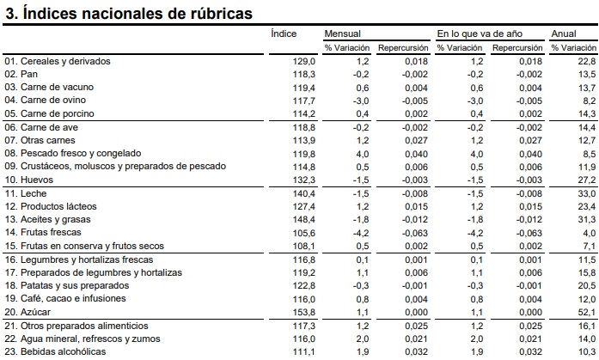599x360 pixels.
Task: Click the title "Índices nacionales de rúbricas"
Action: tap(138, 14)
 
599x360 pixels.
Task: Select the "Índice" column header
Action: tap(284, 34)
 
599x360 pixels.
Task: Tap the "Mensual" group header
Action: tap(342, 34)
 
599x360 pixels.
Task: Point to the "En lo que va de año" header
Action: tap(480, 34)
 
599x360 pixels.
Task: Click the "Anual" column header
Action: tap(564, 34)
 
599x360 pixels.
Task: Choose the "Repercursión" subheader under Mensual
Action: tap(403, 48)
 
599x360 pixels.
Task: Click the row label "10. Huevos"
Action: tap(28, 180)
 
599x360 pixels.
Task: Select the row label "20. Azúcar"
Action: tap(28, 312)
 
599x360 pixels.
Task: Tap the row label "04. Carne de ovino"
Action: tap(45, 100)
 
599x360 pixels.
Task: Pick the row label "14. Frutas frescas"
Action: tap(43, 232)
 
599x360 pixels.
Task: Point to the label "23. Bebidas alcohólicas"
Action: tap(55, 351)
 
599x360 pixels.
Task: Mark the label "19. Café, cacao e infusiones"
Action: tap(65, 298)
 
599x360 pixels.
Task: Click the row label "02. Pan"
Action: tap(21, 74)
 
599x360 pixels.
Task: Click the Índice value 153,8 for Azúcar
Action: tap(304, 312)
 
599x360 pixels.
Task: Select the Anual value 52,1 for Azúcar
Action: tap(587, 312)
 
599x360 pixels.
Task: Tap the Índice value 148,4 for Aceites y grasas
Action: tap(304, 219)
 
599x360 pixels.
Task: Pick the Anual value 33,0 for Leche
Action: tap(587, 193)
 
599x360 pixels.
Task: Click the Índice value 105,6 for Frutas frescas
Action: tap(304, 233)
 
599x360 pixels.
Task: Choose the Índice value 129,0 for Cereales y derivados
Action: tap(304, 62)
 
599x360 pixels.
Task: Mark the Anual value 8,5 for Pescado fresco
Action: tap(590, 154)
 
